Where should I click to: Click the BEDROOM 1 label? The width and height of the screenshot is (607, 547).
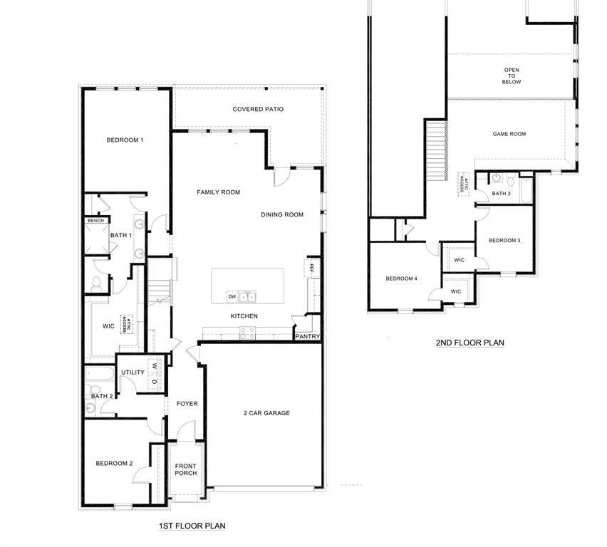[125, 140]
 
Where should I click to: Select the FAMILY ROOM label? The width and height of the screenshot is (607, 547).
[218, 192]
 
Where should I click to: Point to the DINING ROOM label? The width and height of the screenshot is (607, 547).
[282, 214]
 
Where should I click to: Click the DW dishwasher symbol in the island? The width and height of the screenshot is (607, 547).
[232, 296]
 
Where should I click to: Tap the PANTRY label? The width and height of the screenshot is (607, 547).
[307, 337]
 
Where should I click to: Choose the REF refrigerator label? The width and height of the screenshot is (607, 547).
[311, 268]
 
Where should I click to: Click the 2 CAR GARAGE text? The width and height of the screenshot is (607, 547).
[266, 413]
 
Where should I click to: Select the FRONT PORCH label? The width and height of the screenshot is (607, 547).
[186, 469]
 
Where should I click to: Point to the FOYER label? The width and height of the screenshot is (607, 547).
[187, 404]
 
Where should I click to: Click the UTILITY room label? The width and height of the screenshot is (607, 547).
[133, 373]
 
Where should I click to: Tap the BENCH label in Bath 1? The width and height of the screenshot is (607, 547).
[95, 221]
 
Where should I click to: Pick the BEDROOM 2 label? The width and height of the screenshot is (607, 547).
[114, 463]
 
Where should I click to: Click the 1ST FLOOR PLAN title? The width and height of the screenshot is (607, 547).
[192, 526]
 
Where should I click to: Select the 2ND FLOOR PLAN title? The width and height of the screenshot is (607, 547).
[469, 343]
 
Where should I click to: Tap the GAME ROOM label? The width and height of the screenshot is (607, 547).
[509, 134]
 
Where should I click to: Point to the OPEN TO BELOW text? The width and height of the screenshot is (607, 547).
[512, 76]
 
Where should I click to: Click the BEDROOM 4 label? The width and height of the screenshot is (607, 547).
[401, 278]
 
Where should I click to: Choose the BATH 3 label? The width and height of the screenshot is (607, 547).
[501, 194]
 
